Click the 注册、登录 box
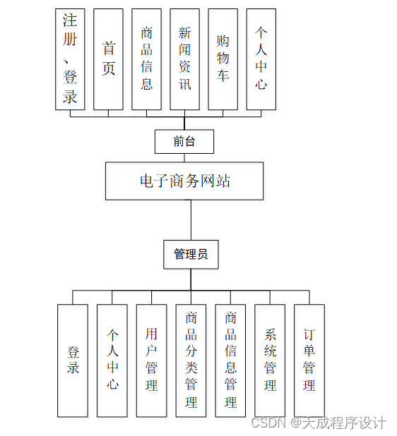70,59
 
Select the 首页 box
108,59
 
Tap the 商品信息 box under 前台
146,59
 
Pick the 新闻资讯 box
184,59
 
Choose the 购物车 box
223,59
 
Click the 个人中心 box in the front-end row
261,59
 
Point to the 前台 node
184,141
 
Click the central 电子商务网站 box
184,181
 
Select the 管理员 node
191,255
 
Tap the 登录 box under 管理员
73,361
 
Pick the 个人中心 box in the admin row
112,361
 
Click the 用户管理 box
151,361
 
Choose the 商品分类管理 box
191,361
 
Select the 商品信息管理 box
230,361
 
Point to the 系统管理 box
270,361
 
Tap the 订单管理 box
309,361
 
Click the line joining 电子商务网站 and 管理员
191,220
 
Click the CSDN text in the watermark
267,423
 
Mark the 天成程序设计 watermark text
345,423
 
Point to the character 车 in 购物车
223,75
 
